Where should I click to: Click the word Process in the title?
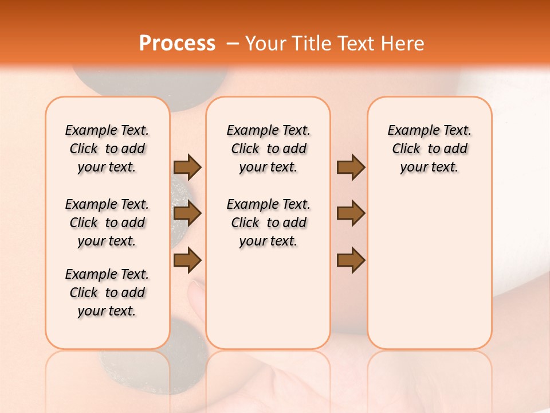click(x=177, y=44)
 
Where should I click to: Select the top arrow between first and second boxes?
click(x=187, y=167)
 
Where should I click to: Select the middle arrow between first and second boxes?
click(x=187, y=214)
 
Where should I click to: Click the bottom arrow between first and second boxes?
click(x=187, y=260)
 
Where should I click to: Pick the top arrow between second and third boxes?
click(x=351, y=167)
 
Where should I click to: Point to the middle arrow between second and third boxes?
click(x=351, y=214)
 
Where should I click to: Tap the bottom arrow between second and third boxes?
click(x=351, y=260)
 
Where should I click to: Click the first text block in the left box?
click(x=107, y=149)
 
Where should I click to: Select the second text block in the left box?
click(x=107, y=223)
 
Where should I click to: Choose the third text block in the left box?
click(x=107, y=293)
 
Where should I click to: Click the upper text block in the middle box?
click(x=268, y=149)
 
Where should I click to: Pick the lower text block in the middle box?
click(x=268, y=223)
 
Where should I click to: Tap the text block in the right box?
click(x=429, y=149)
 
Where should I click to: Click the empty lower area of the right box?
click(x=429, y=275)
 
